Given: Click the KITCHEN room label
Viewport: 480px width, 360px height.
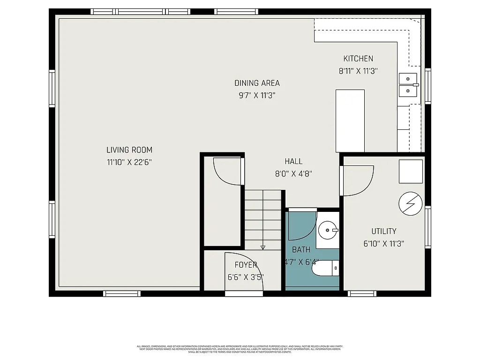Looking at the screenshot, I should click(x=358, y=59).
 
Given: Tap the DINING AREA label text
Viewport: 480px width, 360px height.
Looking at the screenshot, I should click(x=257, y=83).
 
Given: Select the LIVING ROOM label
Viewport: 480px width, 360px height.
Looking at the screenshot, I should click(x=129, y=150).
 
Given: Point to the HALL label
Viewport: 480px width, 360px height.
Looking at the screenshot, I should click(x=293, y=161).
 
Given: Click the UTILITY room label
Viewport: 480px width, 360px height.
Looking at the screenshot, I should click(x=383, y=231).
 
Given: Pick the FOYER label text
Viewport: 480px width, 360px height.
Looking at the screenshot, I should click(x=246, y=265).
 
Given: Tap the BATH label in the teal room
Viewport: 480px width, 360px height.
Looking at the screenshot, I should click(x=301, y=250).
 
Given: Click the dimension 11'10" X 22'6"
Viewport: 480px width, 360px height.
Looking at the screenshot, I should click(x=129, y=162).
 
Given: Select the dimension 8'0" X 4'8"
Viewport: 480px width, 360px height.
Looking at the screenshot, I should click(x=293, y=173).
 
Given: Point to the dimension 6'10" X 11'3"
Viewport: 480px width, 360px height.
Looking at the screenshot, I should click(x=383, y=243).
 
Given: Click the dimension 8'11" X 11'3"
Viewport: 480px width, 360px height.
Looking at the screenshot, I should click(x=358, y=71).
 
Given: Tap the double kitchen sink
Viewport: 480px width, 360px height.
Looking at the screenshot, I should click(x=408, y=84).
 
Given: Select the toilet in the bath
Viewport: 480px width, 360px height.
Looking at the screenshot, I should click(x=325, y=269).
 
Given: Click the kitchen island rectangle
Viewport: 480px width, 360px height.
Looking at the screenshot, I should click(x=350, y=120).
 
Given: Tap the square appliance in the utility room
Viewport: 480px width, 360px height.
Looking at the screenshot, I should click(x=411, y=172).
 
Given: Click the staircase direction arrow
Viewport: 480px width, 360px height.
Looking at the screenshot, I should click(x=263, y=247).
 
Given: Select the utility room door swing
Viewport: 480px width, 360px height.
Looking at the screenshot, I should click(x=357, y=180).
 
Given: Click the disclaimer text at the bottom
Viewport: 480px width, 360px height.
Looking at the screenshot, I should click(x=240, y=349).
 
